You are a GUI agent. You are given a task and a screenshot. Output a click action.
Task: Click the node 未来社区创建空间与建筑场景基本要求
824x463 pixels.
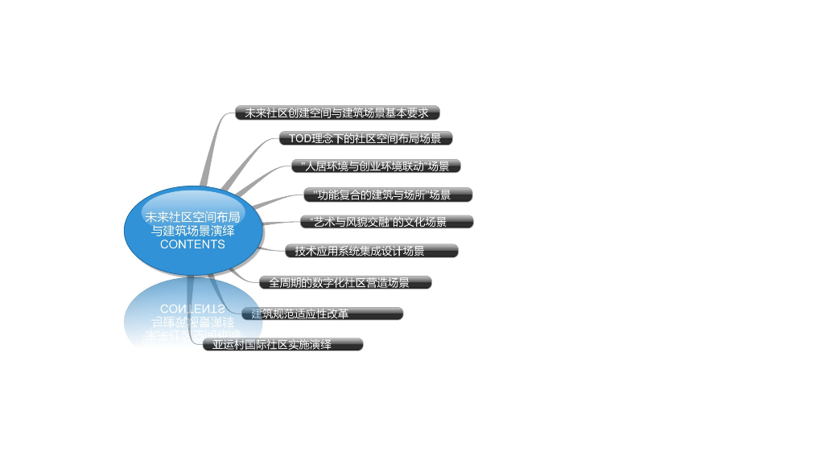[x=337, y=113]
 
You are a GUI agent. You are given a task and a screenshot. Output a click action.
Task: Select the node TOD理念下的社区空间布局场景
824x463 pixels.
[x=365, y=139]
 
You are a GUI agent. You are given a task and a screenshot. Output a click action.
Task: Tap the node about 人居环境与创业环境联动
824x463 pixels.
[x=375, y=167]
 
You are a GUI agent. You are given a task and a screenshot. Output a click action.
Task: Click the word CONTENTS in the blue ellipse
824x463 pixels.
[x=192, y=244]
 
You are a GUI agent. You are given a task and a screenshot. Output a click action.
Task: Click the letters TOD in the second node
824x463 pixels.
[x=300, y=139]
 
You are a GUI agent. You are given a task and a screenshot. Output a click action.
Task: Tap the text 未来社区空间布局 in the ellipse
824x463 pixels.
[x=192, y=217]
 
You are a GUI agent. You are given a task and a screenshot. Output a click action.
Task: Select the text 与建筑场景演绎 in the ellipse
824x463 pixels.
[x=193, y=231]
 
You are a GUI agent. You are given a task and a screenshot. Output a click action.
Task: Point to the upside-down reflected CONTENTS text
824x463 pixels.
[x=192, y=309]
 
